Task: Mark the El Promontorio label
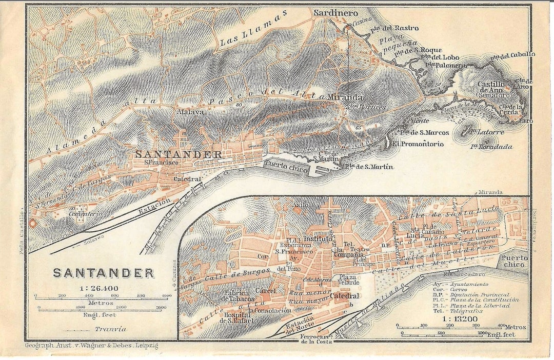coord(419,144)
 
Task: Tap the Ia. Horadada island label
coord(491,147)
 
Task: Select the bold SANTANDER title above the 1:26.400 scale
coord(103,273)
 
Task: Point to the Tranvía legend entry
coord(110,329)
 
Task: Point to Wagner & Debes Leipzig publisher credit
coord(92,346)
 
